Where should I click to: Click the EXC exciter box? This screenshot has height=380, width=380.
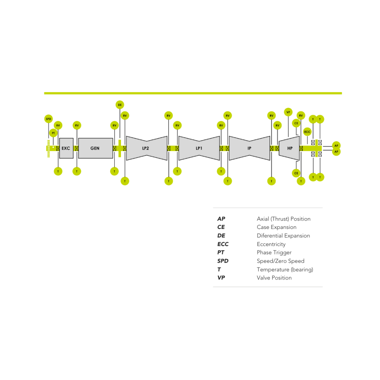point(66,148)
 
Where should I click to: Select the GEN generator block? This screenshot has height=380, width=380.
point(95,148)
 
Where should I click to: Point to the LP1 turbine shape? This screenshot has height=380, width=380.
point(199,148)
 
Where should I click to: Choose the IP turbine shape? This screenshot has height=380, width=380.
point(249,148)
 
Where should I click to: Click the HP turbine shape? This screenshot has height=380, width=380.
point(289,148)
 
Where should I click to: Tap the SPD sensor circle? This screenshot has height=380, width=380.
point(49,119)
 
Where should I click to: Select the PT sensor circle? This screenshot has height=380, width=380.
point(53,133)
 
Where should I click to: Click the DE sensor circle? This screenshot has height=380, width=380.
point(120,105)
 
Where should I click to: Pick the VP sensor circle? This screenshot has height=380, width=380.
point(288,112)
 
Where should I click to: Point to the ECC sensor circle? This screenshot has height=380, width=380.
point(307,132)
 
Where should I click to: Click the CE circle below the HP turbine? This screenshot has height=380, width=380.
point(296,173)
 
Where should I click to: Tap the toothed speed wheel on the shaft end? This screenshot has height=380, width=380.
point(48,148)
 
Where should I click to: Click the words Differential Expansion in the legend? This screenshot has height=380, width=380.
point(283,236)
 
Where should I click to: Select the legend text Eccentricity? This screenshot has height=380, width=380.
point(271,244)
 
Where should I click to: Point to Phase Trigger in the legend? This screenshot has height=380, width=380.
point(274,253)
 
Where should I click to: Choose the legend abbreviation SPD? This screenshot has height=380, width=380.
point(223,261)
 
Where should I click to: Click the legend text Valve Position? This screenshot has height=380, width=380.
point(274,278)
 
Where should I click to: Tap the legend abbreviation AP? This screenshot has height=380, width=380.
point(221,219)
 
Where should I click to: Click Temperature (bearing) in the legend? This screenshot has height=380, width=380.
point(285,269)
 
